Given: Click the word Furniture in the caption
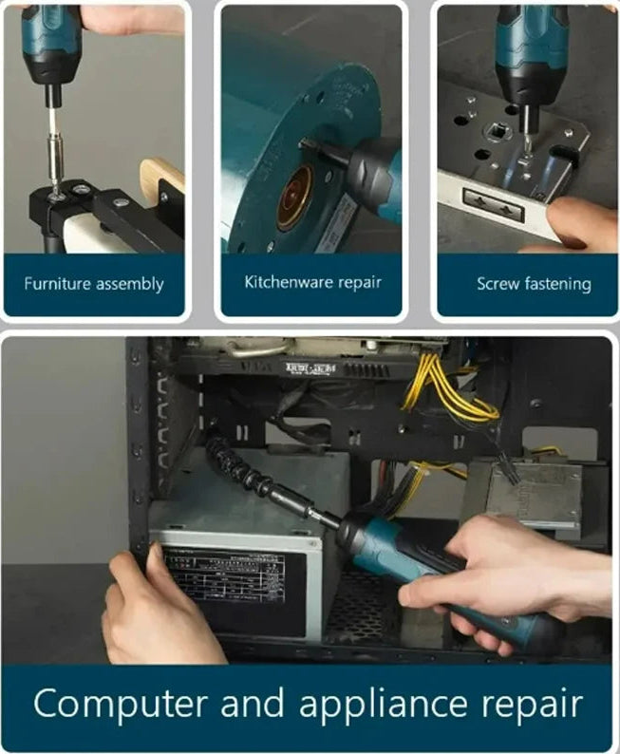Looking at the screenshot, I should tap(57, 284).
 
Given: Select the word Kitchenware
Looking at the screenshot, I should tap(283, 282).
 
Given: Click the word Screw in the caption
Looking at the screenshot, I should tap(498, 283).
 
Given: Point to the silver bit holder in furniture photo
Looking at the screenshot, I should tap(57, 152).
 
